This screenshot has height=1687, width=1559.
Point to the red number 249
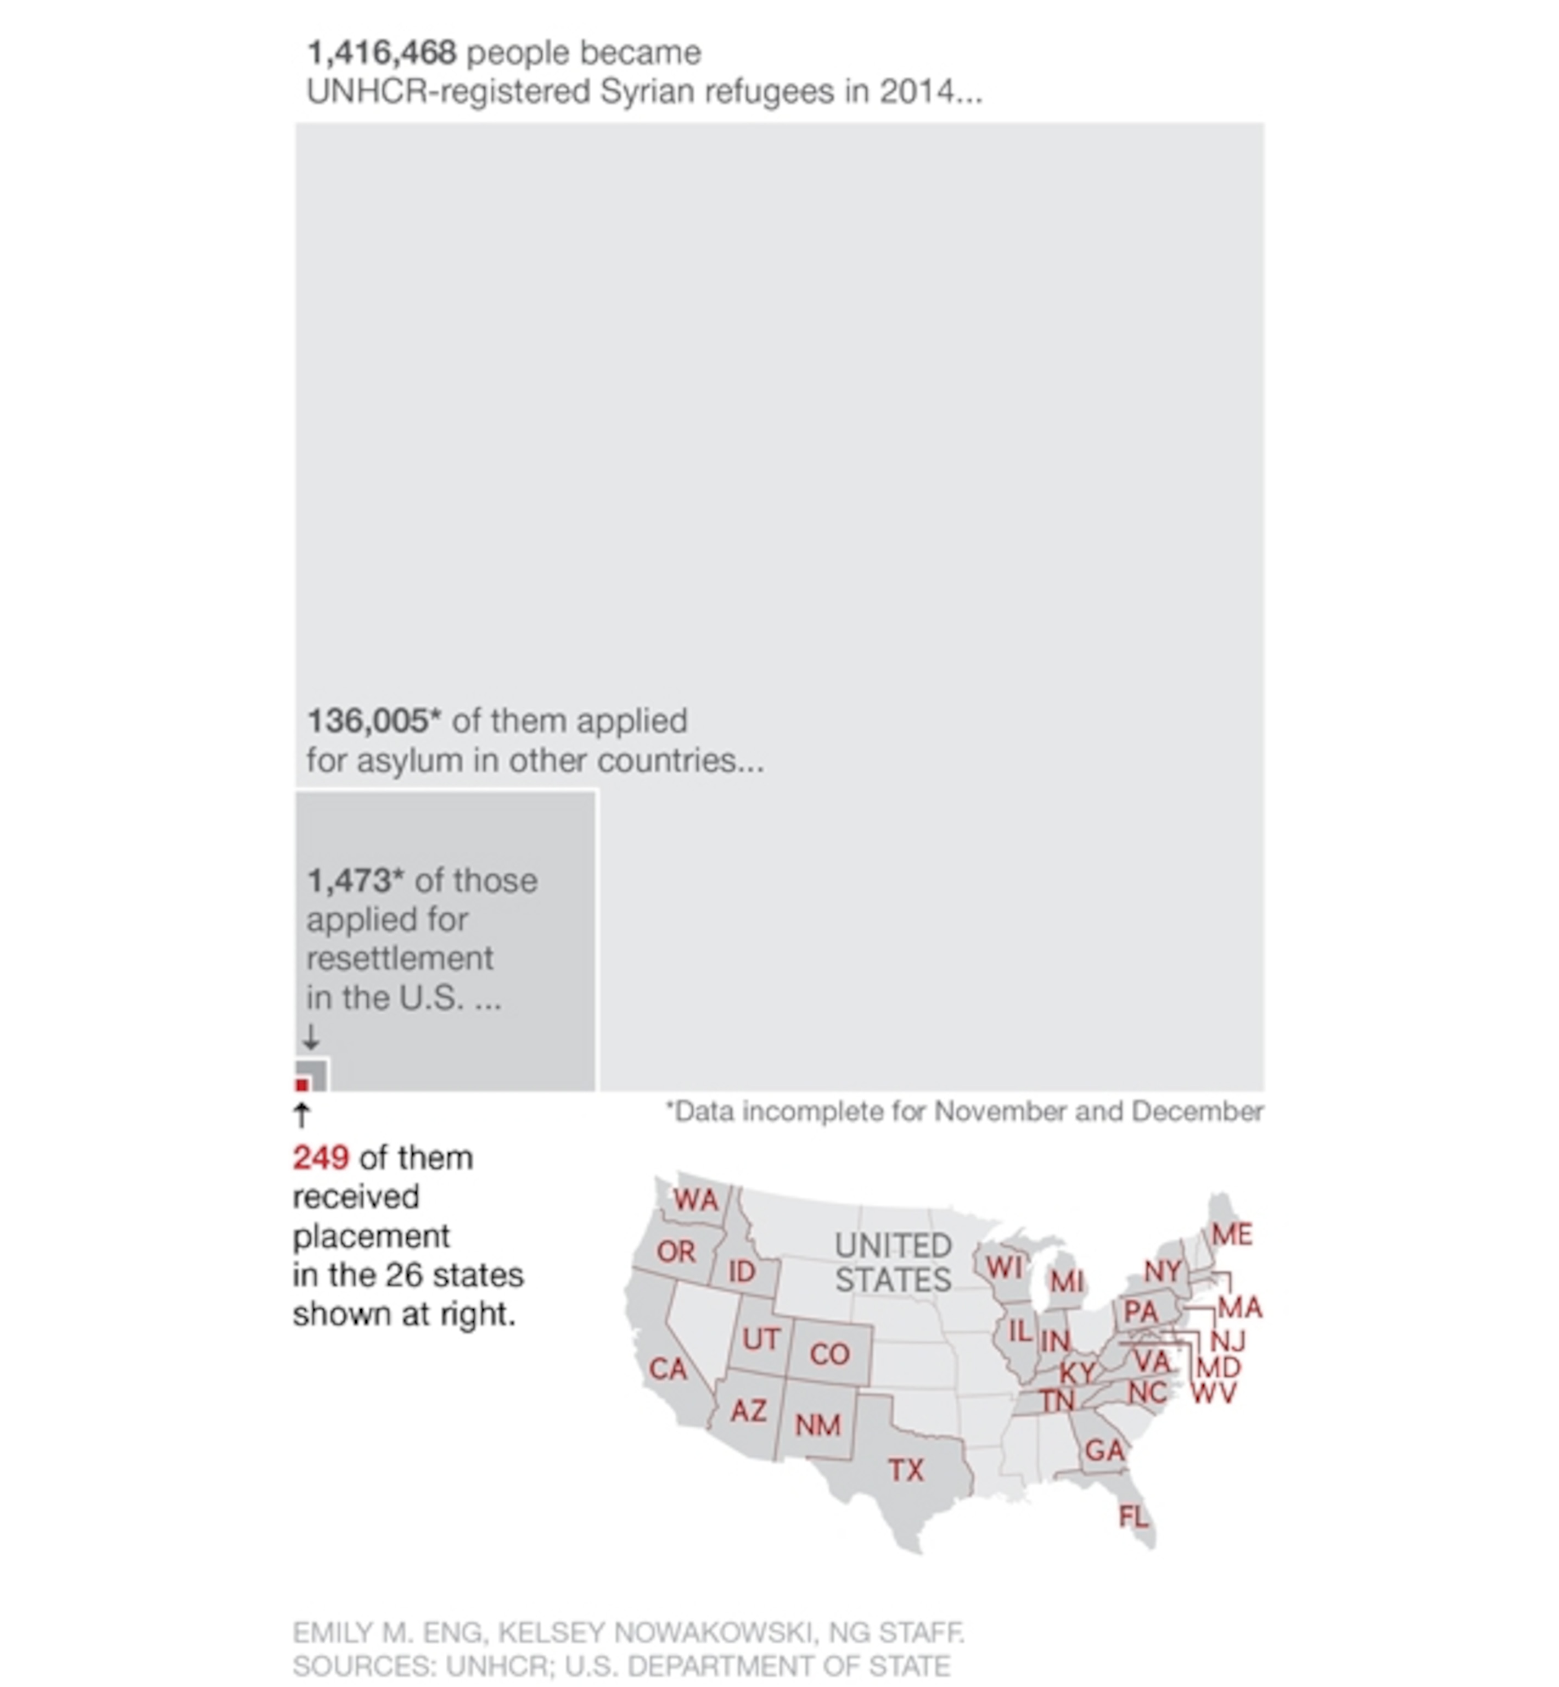[321, 1158]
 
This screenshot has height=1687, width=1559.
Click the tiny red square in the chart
[301, 1085]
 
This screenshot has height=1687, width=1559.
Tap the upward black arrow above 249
[302, 1115]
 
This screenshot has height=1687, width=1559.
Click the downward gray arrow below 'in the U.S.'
[311, 1036]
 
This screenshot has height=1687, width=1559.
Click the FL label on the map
[1133, 1517]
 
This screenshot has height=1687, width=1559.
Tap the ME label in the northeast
[1232, 1234]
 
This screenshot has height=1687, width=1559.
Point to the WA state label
[695, 1200]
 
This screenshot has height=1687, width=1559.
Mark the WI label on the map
[1004, 1267]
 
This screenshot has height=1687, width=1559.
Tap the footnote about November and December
[964, 1112]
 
